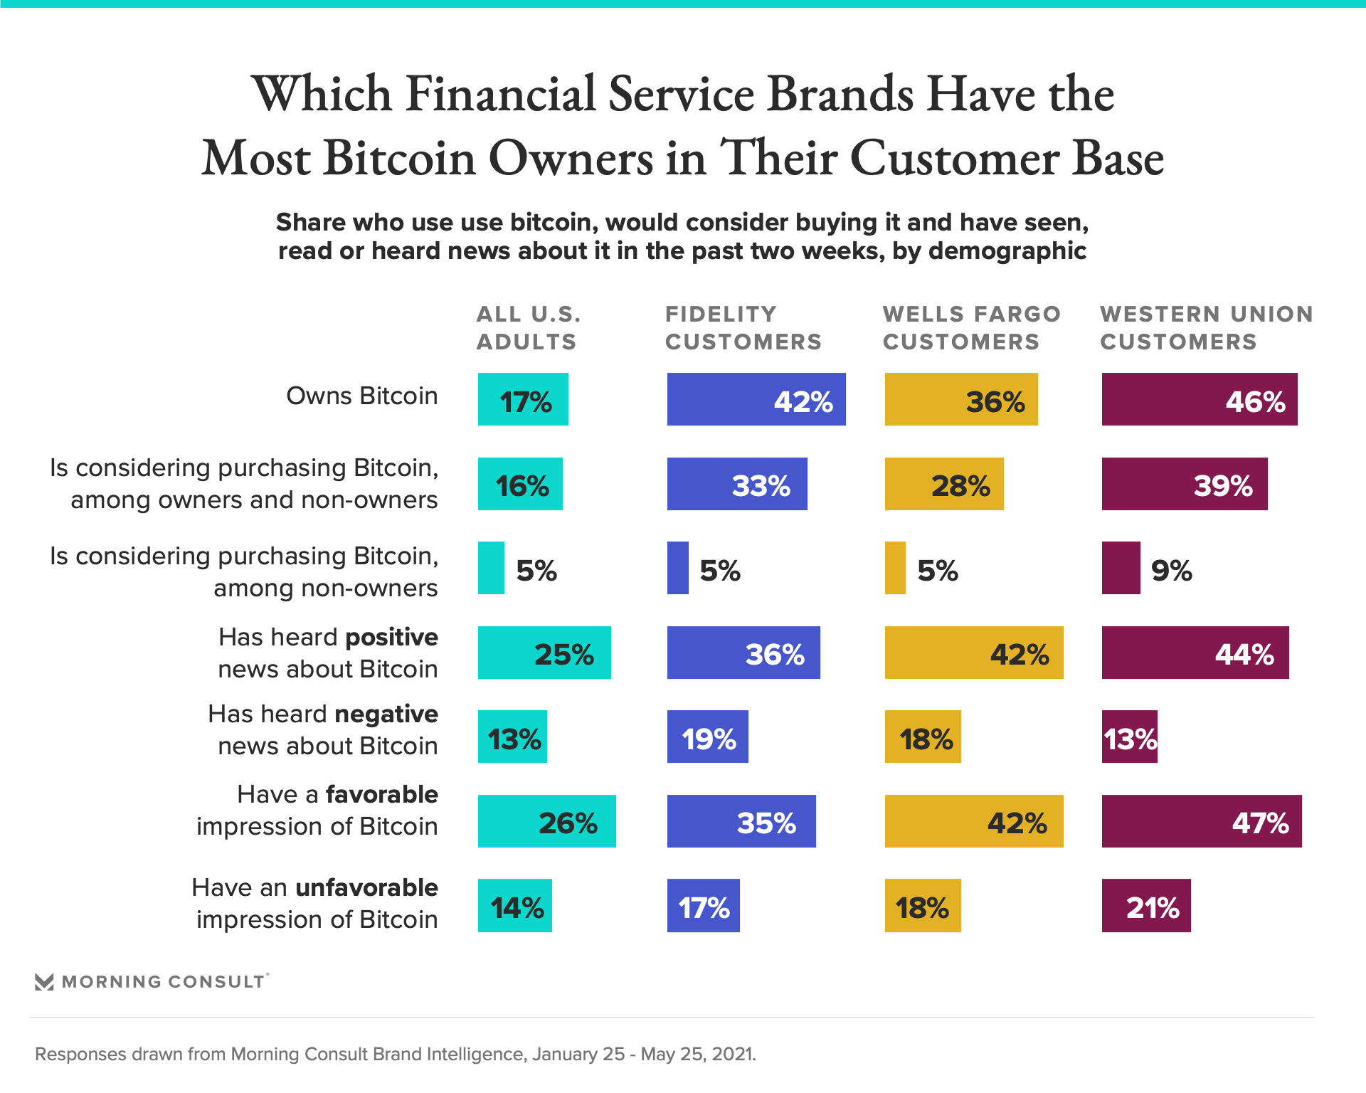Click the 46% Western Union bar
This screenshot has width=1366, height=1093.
point(1199,399)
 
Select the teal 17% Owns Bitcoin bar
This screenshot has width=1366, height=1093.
point(523,399)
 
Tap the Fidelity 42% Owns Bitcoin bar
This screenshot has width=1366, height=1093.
point(756,399)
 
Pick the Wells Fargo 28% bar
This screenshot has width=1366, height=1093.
point(943,484)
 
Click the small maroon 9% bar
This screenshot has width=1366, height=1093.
point(1121,568)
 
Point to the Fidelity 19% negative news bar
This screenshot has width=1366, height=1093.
point(707,736)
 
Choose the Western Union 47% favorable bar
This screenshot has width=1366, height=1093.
point(1201,821)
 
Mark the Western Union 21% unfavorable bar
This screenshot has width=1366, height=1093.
point(1145,905)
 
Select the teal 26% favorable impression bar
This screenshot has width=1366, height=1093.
point(546,821)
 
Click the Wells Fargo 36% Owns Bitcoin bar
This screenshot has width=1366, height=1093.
point(960,399)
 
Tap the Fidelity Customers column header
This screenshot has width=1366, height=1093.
point(743,328)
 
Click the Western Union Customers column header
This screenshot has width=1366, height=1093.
point(1206,328)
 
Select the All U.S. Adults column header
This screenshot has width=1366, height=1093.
point(528,328)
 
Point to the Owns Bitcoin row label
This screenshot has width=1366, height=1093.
point(361,396)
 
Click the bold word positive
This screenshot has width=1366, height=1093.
point(391,637)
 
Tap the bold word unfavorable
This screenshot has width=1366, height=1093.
point(366,887)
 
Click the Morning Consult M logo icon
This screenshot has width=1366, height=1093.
point(44,982)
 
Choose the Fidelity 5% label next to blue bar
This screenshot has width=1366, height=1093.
point(720,571)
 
